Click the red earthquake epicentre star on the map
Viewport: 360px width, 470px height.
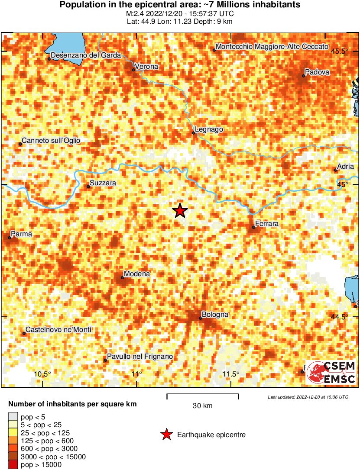click(x=180, y=211)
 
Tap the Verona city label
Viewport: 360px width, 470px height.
click(x=146, y=67)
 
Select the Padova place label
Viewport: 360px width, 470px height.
click(x=317, y=72)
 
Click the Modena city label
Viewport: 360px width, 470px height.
click(x=137, y=274)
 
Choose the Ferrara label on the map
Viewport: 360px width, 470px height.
click(x=267, y=224)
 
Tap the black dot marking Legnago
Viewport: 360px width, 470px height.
click(x=193, y=133)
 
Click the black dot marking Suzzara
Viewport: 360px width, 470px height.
click(x=88, y=187)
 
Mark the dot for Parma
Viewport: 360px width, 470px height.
click(x=10, y=237)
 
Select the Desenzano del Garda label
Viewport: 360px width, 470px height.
click(x=86, y=55)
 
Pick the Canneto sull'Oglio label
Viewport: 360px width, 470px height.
click(x=51, y=141)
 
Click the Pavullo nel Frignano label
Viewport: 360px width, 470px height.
click(x=140, y=356)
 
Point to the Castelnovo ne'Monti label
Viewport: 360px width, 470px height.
click(x=58, y=330)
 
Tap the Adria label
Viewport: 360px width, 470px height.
click(x=346, y=167)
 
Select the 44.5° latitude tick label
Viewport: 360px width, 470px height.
click(x=339, y=317)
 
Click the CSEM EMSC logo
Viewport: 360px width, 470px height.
click(x=331, y=373)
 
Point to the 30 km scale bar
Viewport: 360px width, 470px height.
click(x=203, y=394)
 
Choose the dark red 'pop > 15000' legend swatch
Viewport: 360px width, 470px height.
click(x=13, y=465)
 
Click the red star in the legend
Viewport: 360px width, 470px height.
click(x=166, y=435)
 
